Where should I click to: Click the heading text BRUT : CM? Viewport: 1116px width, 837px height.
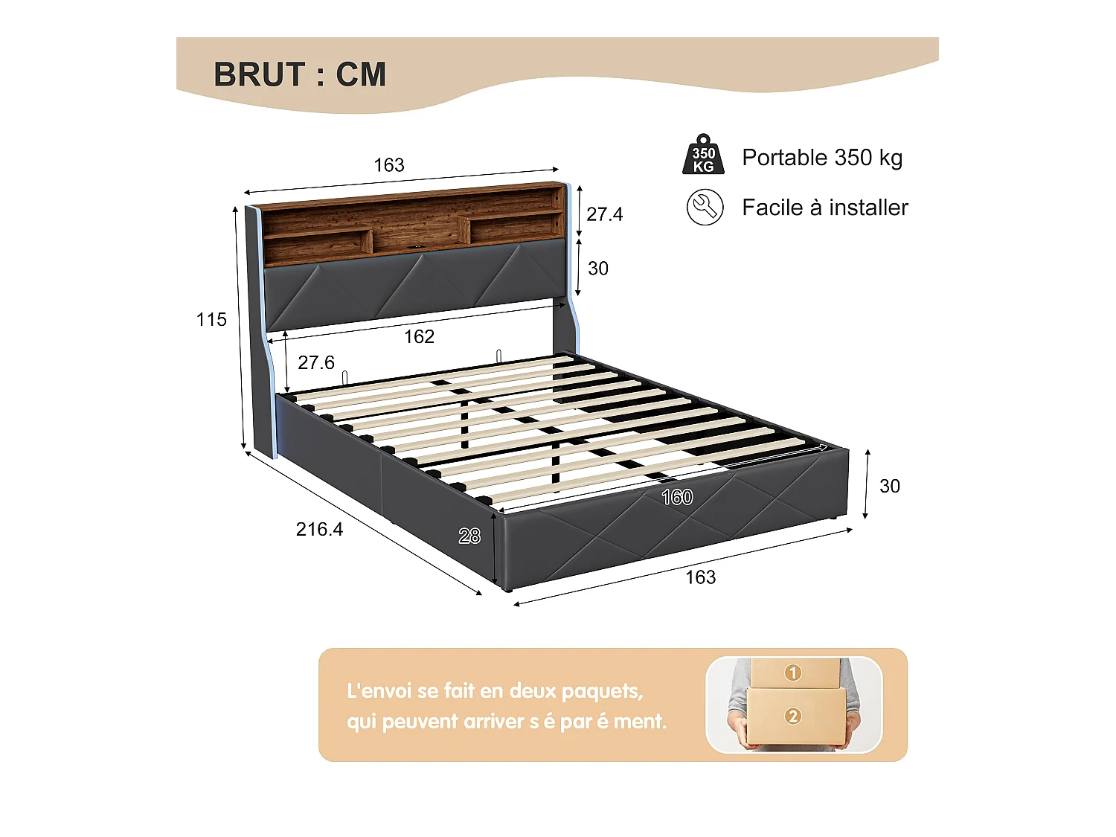[300, 75]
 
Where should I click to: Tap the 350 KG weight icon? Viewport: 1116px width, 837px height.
[703, 155]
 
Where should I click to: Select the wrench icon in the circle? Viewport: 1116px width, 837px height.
[705, 208]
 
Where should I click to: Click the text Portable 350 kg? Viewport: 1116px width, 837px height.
[822, 158]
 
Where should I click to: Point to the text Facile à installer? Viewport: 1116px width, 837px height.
[825, 208]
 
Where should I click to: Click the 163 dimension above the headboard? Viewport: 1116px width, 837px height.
[389, 165]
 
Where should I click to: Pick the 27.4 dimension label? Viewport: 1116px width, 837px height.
[604, 214]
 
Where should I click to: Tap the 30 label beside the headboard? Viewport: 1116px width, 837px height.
[598, 269]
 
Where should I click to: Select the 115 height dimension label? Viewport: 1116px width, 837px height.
[211, 320]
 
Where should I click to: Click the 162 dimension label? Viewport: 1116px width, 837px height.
[419, 337]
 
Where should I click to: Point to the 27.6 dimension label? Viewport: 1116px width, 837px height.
[316, 363]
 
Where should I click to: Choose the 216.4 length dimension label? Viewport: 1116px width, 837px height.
[319, 530]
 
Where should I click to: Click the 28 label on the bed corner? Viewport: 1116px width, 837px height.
[469, 536]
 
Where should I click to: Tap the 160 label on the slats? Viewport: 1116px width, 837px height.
[677, 497]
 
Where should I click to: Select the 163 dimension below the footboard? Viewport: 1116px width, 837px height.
[700, 577]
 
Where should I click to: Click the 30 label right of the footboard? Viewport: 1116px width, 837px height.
[890, 487]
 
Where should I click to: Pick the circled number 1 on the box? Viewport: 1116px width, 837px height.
[793, 673]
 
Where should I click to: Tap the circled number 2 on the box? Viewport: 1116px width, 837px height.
[793, 716]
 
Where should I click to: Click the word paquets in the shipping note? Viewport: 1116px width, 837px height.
[601, 692]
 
